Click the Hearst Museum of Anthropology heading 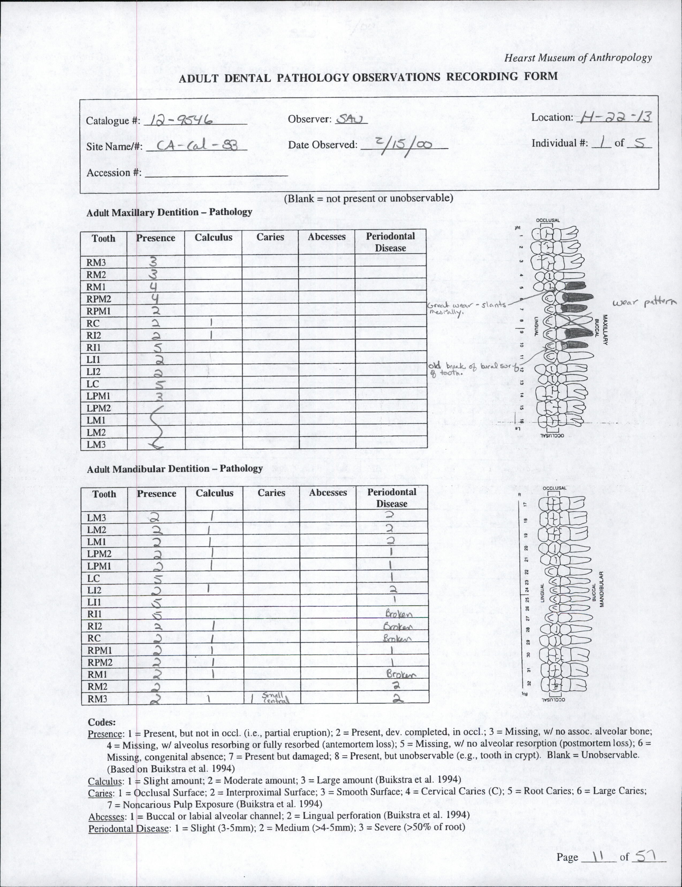[x=578, y=58]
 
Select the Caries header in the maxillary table [x=270, y=237]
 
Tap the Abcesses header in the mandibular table [x=328, y=493]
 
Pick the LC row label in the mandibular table [x=94, y=578]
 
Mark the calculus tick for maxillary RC [x=211, y=323]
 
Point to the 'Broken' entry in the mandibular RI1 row [x=399, y=614]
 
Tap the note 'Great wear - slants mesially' [x=467, y=307]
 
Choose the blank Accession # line [x=216, y=174]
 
